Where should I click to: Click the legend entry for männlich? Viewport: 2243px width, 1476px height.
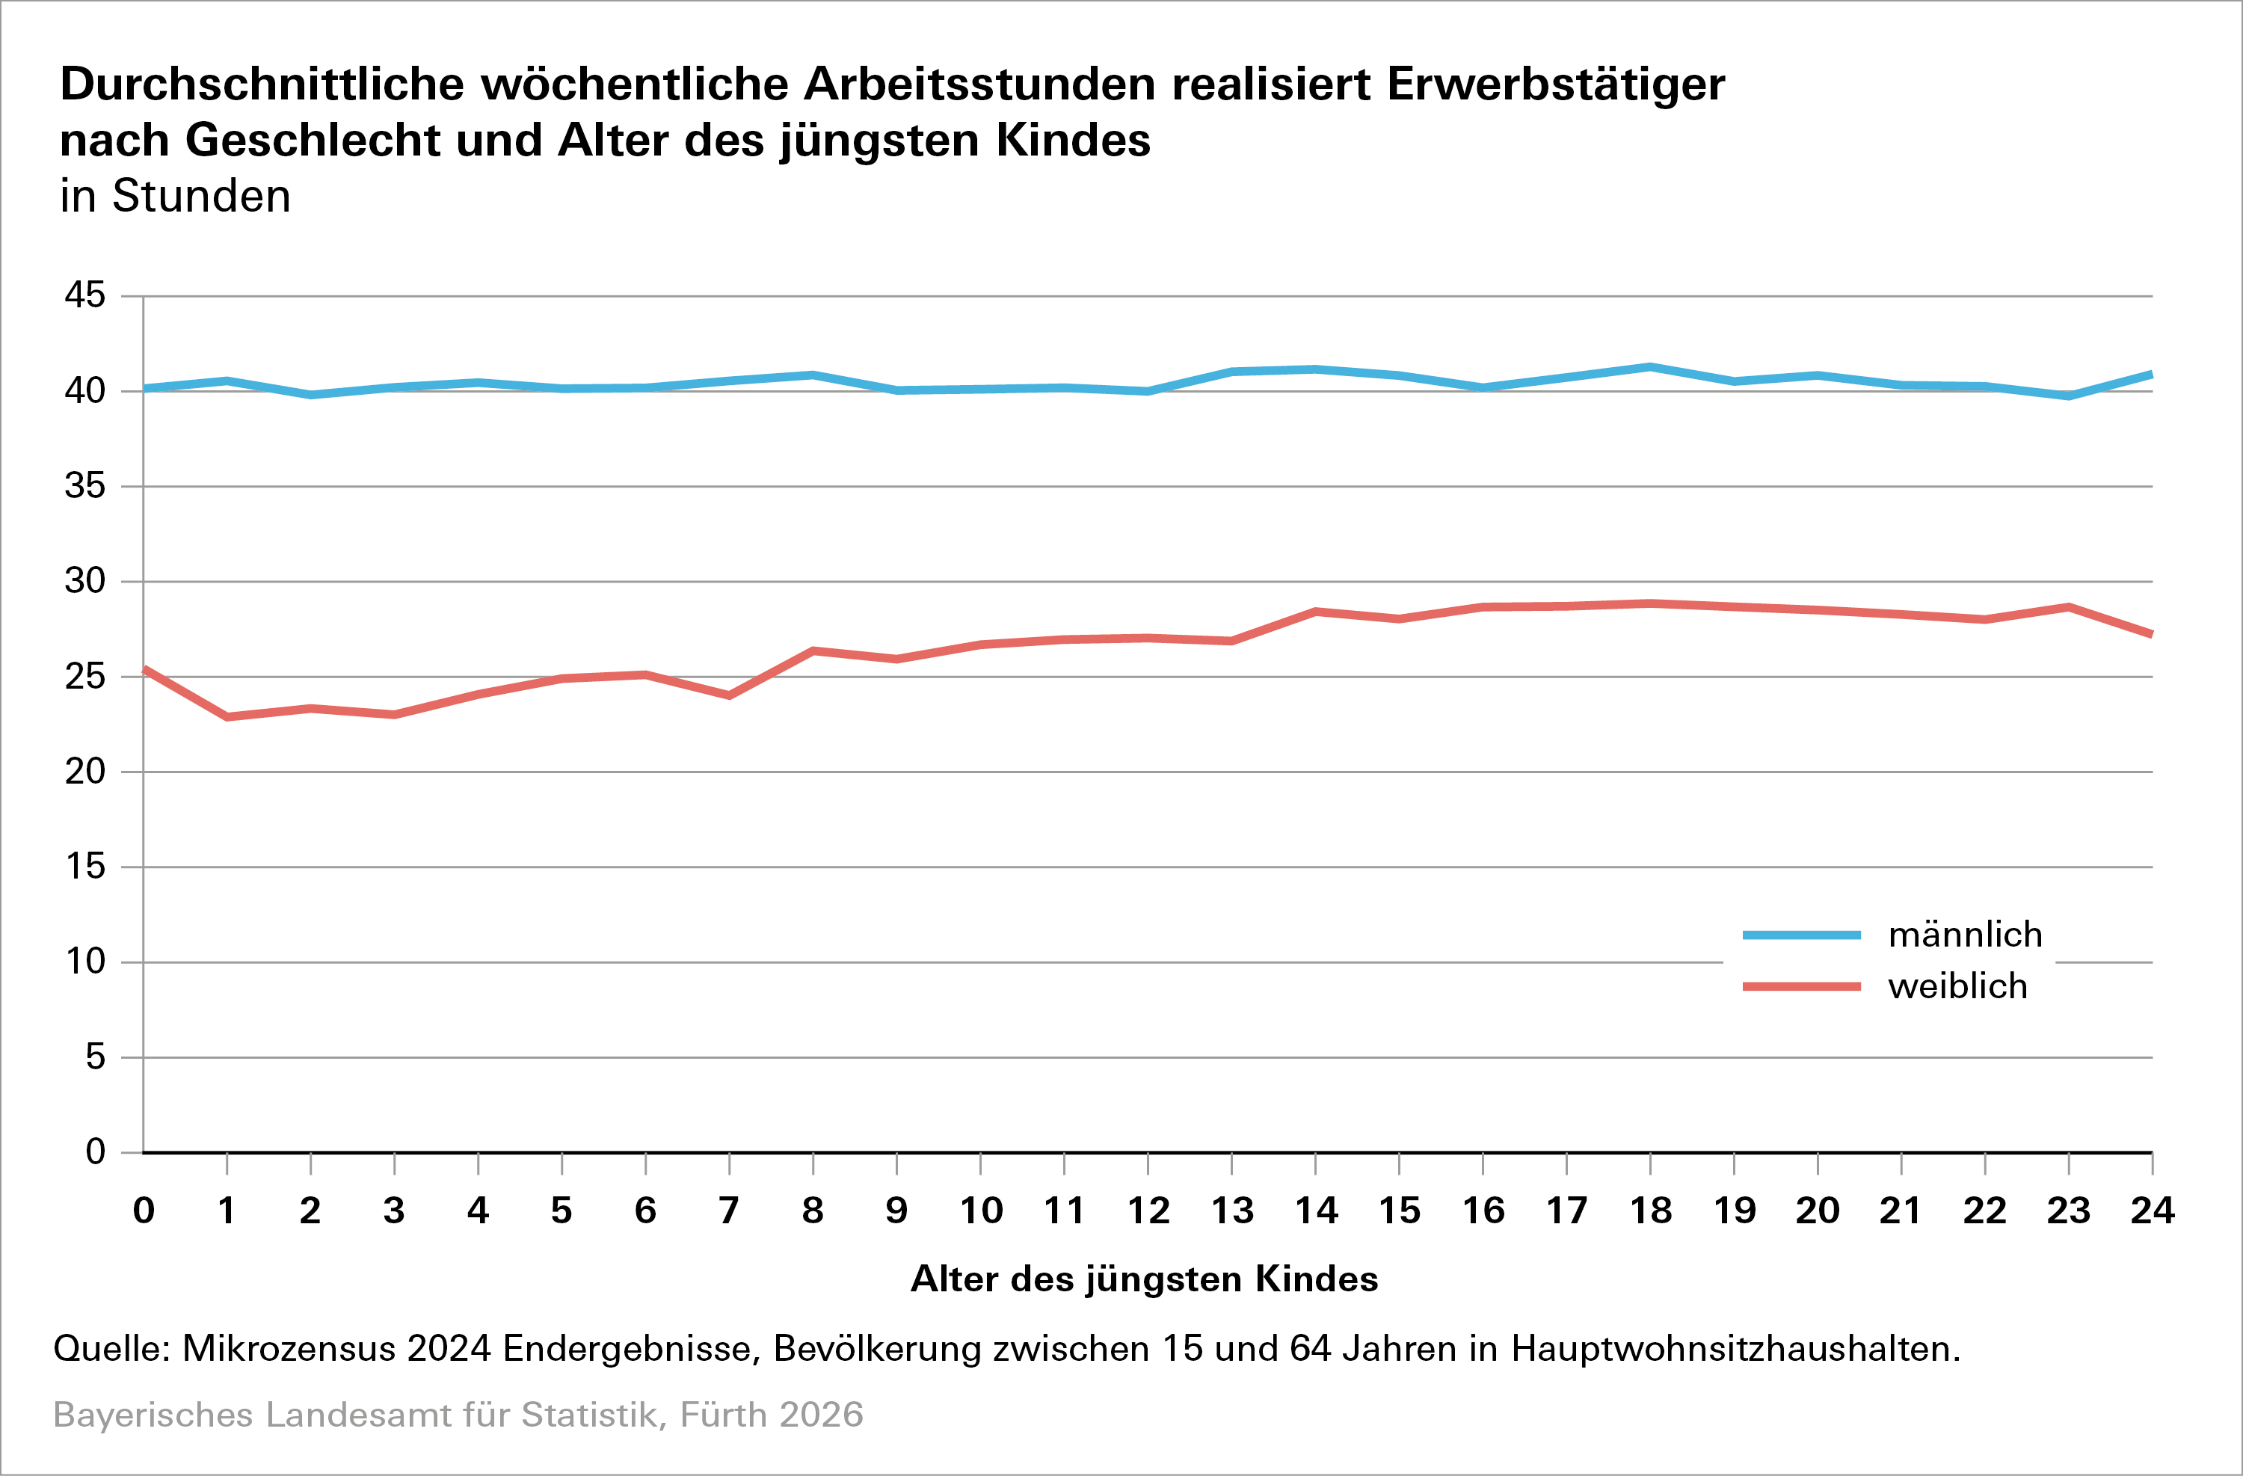pos(1965,935)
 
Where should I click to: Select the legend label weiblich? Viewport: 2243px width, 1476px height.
pos(1957,986)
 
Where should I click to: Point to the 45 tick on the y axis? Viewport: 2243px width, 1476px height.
pos(84,295)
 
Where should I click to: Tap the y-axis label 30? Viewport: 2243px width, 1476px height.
pos(84,580)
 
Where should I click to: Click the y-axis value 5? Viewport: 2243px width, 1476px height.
pos(95,1057)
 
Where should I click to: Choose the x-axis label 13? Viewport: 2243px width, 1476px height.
pos(1231,1211)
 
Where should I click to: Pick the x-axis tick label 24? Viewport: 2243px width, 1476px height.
pos(2153,1211)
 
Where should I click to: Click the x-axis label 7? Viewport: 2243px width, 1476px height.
pos(728,1211)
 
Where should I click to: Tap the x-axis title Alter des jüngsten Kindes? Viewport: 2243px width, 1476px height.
pos(1144,1279)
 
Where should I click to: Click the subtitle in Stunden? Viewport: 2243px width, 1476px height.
pos(175,196)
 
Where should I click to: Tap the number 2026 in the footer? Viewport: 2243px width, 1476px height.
pos(821,1415)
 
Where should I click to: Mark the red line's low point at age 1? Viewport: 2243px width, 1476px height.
pos(227,717)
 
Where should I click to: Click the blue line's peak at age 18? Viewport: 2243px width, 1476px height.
pos(1650,366)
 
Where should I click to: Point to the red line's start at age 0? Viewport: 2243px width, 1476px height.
pos(144,669)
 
